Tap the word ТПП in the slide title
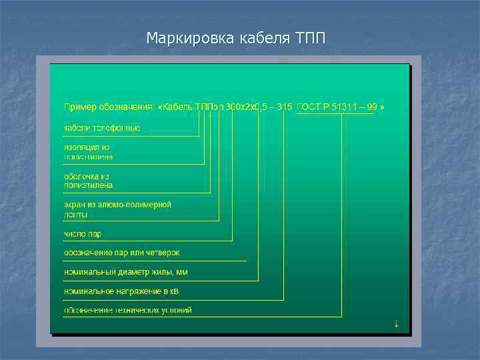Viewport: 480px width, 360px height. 309,37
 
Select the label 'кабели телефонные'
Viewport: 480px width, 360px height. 102,127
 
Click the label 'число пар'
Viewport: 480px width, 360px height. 83,234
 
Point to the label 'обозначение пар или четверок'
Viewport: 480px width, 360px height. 121,253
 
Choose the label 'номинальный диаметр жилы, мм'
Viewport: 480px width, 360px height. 126,272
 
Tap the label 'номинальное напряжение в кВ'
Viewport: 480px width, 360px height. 121,291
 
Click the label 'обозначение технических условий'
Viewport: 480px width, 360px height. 127,310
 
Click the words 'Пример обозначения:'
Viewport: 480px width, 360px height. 109,107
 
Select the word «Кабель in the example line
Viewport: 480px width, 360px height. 175,107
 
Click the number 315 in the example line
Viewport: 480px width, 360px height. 284,107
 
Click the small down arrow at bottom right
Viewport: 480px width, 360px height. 396,324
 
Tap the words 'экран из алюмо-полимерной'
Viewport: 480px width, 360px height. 117,204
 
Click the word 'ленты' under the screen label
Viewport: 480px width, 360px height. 75,215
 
